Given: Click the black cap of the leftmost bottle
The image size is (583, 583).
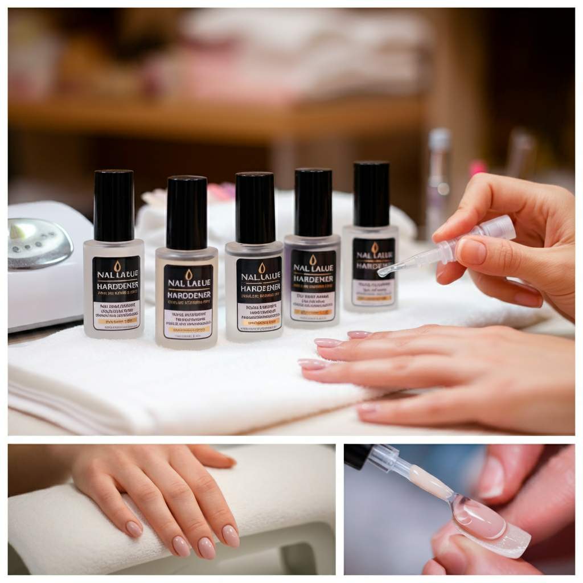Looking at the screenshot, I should click(114, 205).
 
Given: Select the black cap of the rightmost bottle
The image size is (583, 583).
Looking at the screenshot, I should click(372, 193).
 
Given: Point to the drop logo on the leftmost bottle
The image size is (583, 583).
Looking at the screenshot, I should click(117, 266).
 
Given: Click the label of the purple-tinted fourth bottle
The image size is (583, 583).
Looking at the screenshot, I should click(313, 284).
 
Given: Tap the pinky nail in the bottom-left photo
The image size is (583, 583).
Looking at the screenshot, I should click(134, 529).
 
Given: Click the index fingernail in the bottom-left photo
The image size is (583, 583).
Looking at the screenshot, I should click(230, 535).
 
